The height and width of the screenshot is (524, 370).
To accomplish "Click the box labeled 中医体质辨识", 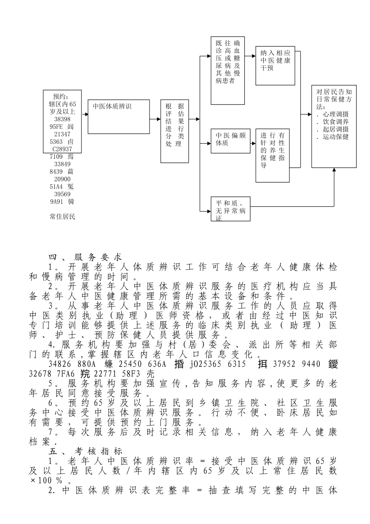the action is click(119, 117).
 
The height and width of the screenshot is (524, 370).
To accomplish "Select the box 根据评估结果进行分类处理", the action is click(174, 131).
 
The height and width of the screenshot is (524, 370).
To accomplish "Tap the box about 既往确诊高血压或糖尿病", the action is click(228, 71).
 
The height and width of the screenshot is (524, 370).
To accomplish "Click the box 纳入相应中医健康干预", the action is click(275, 65).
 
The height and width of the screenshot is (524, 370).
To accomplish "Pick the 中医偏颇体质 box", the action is click(231, 140).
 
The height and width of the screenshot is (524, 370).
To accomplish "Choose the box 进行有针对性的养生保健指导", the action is click(273, 155).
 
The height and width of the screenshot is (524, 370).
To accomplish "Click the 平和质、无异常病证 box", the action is click(231, 209).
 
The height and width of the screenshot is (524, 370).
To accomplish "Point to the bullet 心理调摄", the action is click(334, 114).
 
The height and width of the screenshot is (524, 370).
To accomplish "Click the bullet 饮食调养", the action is click(334, 122).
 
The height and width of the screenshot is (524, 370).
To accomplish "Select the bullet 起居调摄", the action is click(334, 129).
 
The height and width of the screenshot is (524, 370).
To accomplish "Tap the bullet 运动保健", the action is click(334, 137).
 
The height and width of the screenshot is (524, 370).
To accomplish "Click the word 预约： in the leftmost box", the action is click(61, 96).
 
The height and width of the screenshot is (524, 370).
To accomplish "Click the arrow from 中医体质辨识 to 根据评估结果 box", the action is click(155, 119).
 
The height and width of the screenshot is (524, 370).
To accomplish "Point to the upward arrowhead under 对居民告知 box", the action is click(334, 170).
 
